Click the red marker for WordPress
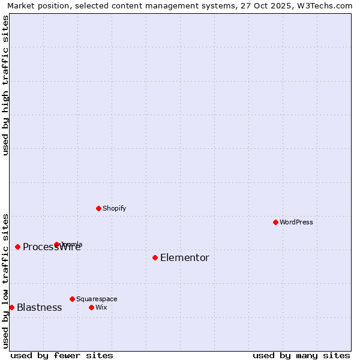click(x=275, y=222)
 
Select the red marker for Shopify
click(x=98, y=208)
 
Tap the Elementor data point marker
click(x=155, y=257)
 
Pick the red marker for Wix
click(x=91, y=307)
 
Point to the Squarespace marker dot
click(x=72, y=299)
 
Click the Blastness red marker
click(x=11, y=307)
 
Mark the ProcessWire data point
click(x=17, y=247)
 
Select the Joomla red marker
click(x=56, y=244)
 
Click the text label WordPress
click(x=296, y=222)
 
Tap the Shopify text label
click(x=114, y=208)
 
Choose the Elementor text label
click(x=185, y=258)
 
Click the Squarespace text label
click(x=97, y=299)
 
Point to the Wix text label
click(x=101, y=307)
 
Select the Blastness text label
click(x=39, y=308)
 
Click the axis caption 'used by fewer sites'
click(x=62, y=355)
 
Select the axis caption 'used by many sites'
click(x=301, y=355)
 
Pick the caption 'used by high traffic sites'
click(x=6, y=85)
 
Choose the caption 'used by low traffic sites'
click(x=6, y=281)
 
